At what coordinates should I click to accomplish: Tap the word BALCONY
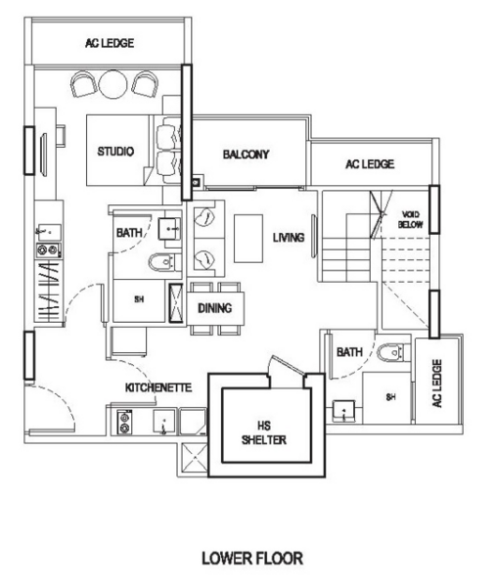point(246,155)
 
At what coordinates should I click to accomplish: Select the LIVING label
point(288,238)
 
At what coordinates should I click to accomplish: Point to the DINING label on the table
point(214,308)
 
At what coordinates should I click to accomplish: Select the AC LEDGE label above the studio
point(110,44)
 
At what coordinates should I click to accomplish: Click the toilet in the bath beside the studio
point(164,262)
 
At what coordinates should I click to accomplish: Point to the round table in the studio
point(112,86)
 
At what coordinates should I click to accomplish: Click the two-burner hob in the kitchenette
point(126,422)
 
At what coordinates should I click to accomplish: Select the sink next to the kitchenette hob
point(163,422)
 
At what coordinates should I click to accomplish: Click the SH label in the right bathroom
point(389,397)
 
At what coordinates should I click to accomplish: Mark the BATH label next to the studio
point(128,234)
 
